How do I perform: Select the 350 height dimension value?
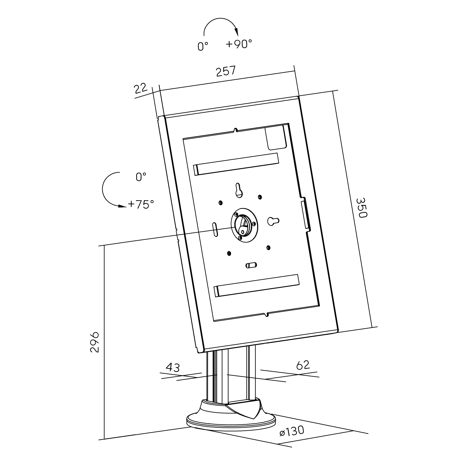click(x=361, y=208)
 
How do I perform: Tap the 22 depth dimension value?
click(x=140, y=88)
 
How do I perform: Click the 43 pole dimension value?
click(x=173, y=367)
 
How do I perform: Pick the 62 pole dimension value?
click(x=303, y=365)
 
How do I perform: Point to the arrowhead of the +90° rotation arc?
click(x=236, y=32)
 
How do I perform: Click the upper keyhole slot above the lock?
click(x=239, y=190)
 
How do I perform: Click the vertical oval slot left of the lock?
click(x=215, y=229)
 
